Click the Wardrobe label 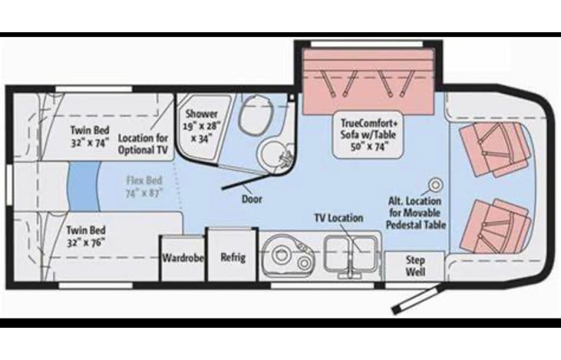[x=183, y=258]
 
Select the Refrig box [x=233, y=257]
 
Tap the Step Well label [x=415, y=266]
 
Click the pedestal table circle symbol [x=436, y=184]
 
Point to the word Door [x=251, y=199]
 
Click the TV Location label [x=338, y=218]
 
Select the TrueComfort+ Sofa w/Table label [x=370, y=135]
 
